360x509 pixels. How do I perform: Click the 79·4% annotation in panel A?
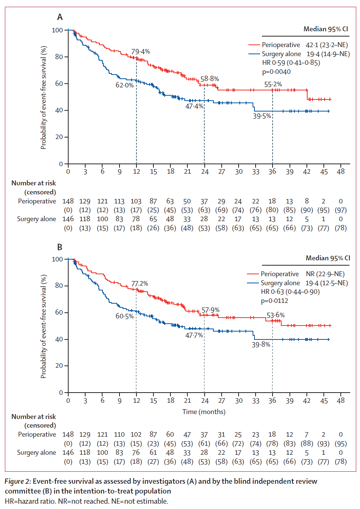140,52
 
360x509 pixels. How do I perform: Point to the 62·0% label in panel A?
124,85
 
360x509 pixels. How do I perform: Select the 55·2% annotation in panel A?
273,84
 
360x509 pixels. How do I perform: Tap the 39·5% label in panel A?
262,116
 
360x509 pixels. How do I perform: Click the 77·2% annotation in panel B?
139,284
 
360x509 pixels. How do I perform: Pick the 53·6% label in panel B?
276,315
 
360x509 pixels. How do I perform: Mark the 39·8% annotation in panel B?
261,345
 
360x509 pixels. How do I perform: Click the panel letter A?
60,17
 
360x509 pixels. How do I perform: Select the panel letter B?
60,247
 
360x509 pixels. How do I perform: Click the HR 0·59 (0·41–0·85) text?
291,63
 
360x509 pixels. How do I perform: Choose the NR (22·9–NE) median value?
325,274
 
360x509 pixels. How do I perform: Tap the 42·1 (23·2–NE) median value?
326,45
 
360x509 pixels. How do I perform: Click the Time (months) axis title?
204,412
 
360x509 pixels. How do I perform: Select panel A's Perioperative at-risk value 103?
136,201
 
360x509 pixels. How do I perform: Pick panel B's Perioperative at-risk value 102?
136,434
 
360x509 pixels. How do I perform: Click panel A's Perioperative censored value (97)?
341,210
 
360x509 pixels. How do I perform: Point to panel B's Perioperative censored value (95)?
341,444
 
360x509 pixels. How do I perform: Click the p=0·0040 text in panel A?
276,72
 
